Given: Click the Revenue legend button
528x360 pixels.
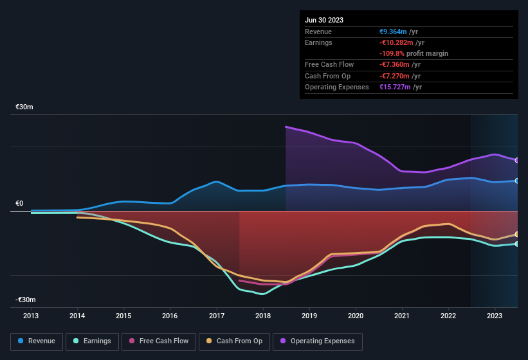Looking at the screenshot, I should (x=37, y=341).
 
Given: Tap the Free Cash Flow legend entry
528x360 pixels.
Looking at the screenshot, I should (x=159, y=341).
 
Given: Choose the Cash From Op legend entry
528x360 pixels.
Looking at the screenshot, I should (x=234, y=341).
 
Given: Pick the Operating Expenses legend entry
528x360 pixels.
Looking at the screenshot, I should (x=318, y=341).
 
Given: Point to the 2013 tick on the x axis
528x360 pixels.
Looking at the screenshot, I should (x=31, y=316).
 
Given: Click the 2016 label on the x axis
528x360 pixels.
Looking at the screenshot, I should (x=170, y=316).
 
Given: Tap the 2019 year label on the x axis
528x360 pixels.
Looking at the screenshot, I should (x=309, y=316).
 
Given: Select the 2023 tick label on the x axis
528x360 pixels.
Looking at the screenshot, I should (x=495, y=316).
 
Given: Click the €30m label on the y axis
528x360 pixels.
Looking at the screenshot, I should (x=24, y=107).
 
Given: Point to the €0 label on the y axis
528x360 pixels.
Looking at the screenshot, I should (x=19, y=203).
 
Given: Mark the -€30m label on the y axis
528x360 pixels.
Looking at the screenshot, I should (x=26, y=300).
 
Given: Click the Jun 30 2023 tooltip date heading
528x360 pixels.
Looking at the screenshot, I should (x=324, y=20).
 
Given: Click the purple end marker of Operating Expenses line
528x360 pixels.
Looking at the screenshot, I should (x=517, y=160).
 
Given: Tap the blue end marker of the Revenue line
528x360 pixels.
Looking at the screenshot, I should (x=517, y=181).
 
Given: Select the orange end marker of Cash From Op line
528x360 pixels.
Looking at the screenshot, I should (x=517, y=234).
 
